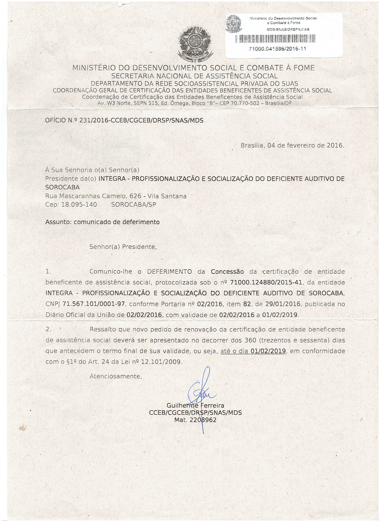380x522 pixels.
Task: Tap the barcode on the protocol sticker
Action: (x=278, y=38)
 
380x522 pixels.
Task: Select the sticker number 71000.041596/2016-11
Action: (x=278, y=49)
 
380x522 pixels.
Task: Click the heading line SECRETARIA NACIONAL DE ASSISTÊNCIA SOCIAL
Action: (x=194, y=76)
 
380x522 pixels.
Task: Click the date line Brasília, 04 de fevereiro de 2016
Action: (x=292, y=146)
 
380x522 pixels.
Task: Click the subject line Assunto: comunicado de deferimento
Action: (x=102, y=222)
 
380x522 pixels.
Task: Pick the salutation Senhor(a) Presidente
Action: (x=123, y=246)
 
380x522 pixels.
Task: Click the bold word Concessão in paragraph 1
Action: (x=227, y=271)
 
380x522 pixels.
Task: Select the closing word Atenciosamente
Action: (x=115, y=376)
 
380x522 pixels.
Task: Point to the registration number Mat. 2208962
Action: (x=195, y=421)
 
